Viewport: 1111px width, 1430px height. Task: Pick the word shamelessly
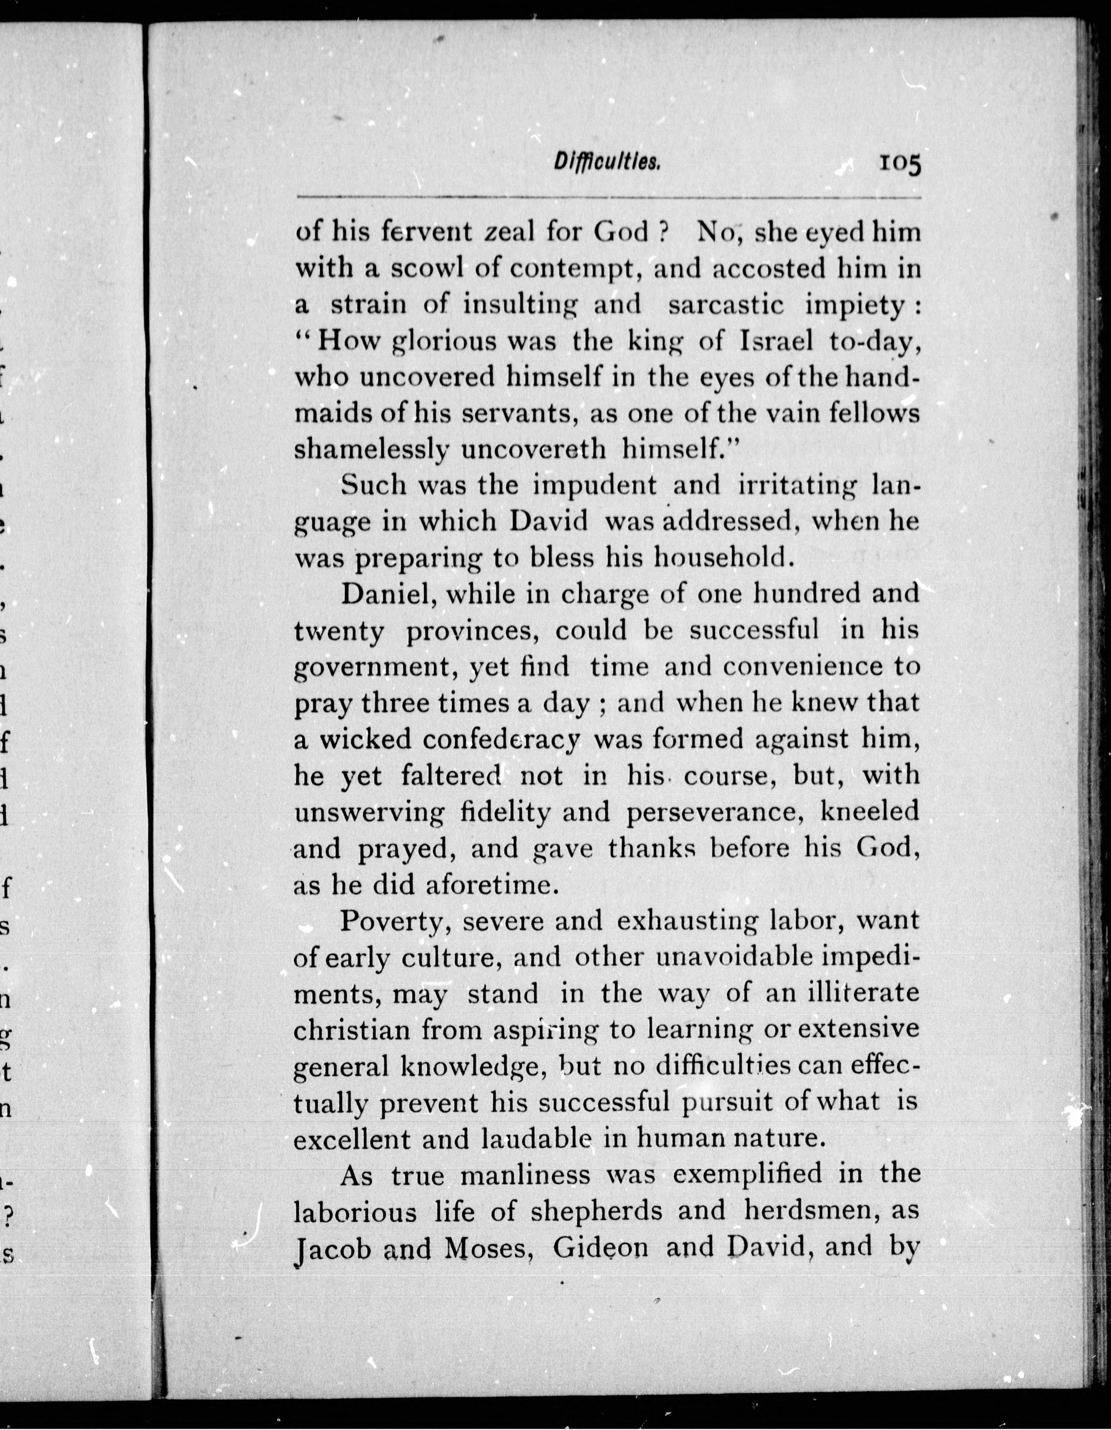[371, 450]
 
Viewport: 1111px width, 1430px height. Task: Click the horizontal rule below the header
[609, 197]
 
